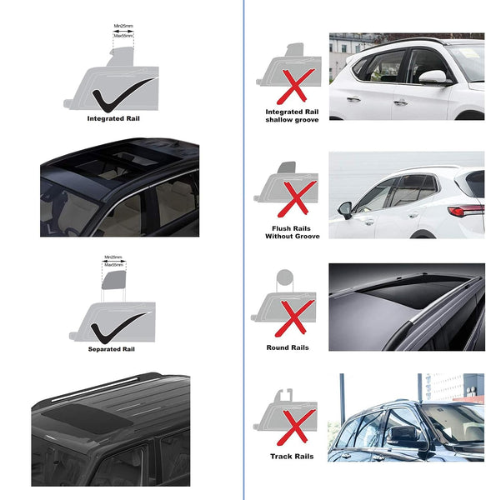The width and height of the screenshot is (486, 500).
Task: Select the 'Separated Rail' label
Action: (111, 350)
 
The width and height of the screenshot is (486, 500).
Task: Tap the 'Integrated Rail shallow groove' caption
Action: (287, 116)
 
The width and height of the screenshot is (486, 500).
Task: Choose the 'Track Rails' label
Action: (291, 456)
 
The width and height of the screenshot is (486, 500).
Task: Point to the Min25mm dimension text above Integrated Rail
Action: (123, 27)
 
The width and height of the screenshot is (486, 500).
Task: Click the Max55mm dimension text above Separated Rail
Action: (115, 264)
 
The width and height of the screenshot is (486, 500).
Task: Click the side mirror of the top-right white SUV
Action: (431, 77)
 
